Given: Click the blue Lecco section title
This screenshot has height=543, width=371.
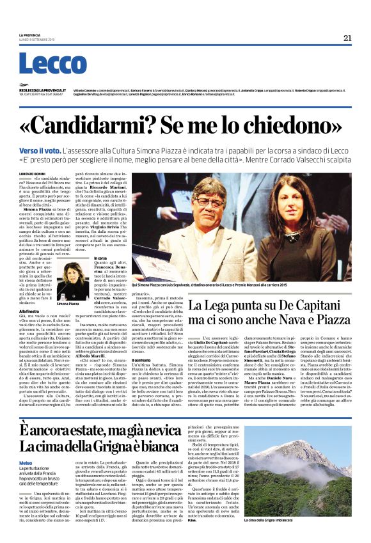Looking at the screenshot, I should tap(52, 64).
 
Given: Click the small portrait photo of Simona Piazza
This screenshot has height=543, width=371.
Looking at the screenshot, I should tap(72, 280).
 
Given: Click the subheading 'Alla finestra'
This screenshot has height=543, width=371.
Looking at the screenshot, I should tap(30, 310).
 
